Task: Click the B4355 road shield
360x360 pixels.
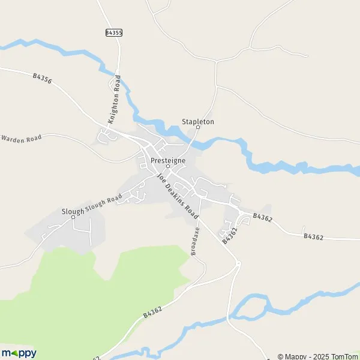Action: tap(113, 33)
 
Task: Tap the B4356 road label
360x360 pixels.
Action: tap(43, 77)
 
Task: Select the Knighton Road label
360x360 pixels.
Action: tap(114, 100)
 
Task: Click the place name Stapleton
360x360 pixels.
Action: tap(198, 122)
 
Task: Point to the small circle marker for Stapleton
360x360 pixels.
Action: tap(198, 127)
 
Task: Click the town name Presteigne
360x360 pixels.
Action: tap(168, 161)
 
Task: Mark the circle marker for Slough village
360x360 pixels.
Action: tap(73, 217)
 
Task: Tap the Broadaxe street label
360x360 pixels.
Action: tap(195, 242)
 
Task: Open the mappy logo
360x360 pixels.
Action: tap(19, 353)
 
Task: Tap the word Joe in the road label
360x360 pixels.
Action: tap(161, 178)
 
